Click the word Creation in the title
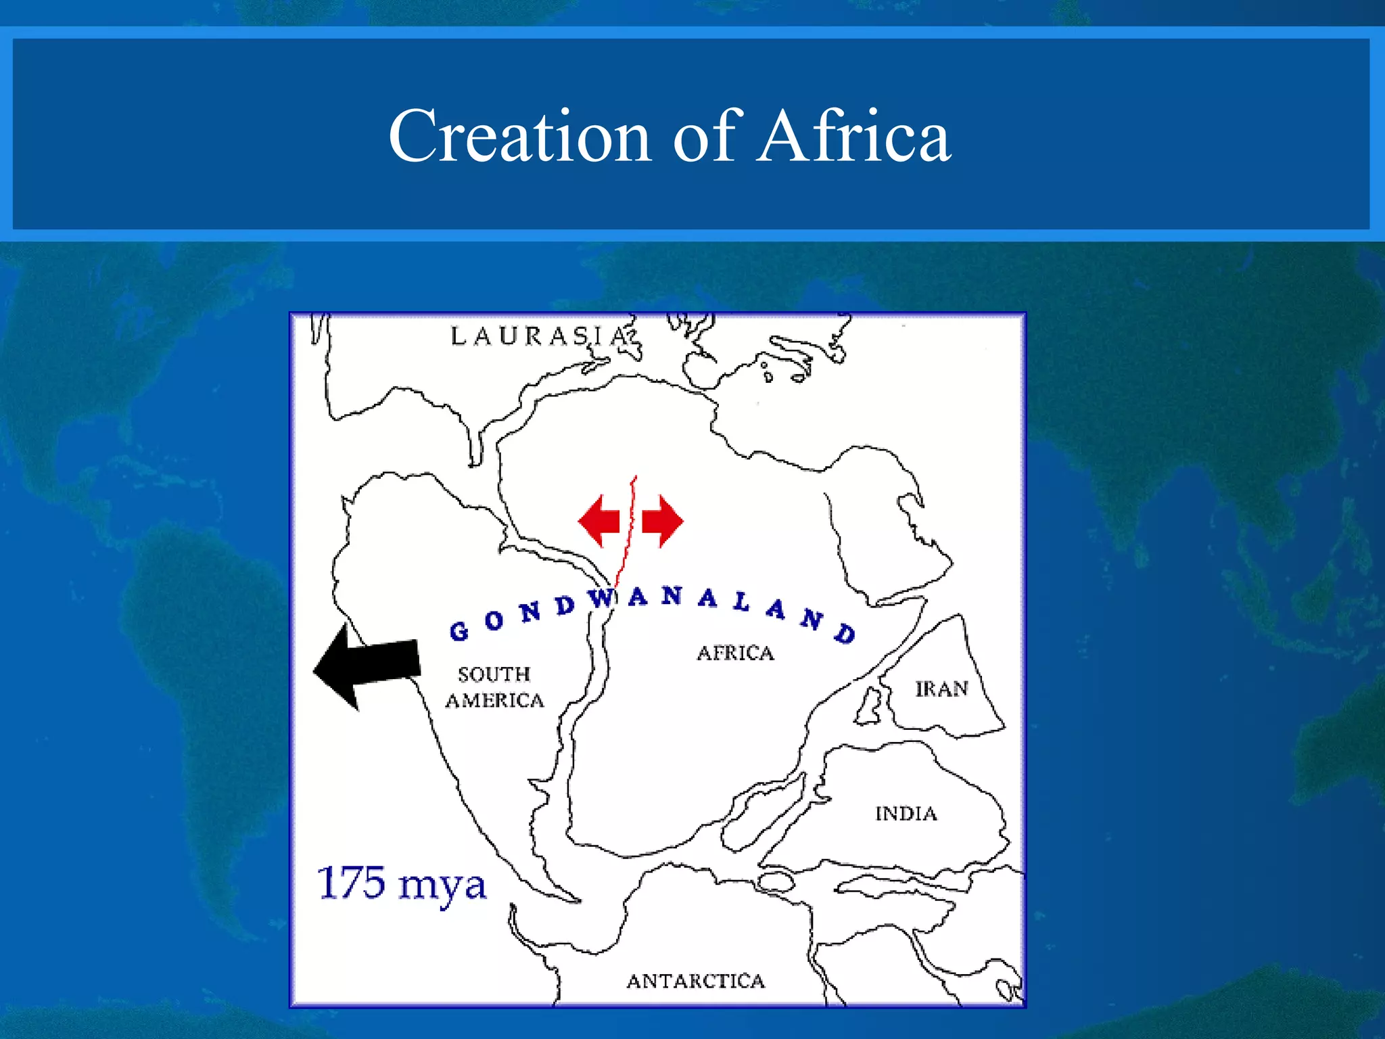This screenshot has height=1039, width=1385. [x=519, y=137]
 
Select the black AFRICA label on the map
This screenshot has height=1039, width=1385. [x=736, y=653]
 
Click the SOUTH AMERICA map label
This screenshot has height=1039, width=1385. [x=494, y=687]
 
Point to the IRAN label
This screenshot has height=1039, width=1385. [x=941, y=689]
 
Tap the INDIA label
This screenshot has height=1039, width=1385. [x=906, y=814]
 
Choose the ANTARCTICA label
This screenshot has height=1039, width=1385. [x=695, y=982]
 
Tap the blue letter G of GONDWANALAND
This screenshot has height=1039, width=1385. [x=459, y=631]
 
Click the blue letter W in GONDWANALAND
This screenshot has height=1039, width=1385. [x=601, y=599]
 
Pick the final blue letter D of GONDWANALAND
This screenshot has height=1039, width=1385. [x=845, y=633]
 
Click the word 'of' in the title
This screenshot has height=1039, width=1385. [x=704, y=137]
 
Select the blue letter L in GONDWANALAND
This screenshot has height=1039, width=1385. [x=742, y=601]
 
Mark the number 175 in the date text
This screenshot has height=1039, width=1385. [x=352, y=883]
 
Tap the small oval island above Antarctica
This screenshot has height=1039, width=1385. [x=775, y=881]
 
